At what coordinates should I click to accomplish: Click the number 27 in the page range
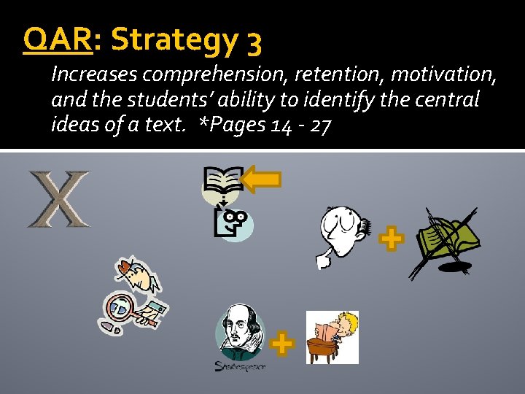pos(320,125)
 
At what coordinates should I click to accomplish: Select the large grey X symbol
pos(59,198)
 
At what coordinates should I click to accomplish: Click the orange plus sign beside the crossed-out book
pos(392,239)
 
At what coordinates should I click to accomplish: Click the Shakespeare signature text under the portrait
pos(241,366)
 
